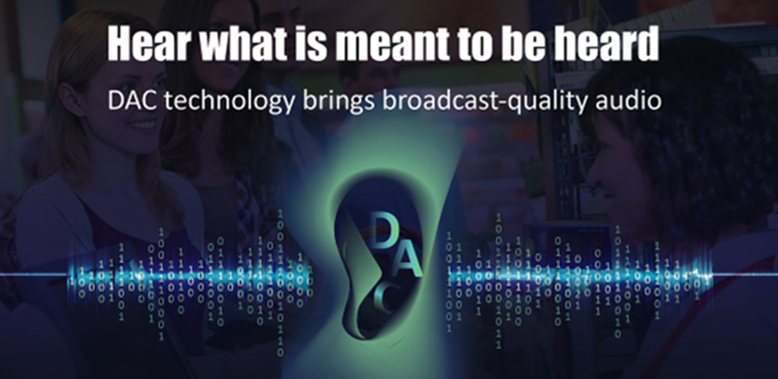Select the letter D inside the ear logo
[384, 230]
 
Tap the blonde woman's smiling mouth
[142, 123]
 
